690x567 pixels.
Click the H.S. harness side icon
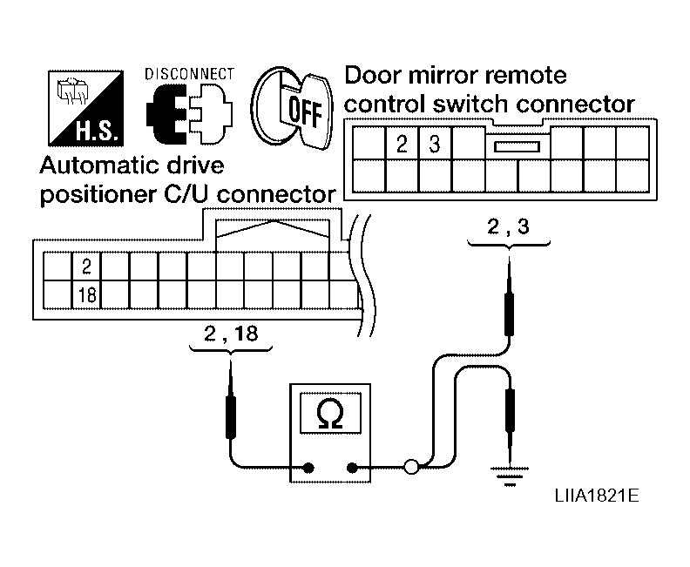coord(85,108)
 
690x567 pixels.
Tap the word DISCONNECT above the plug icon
coord(190,74)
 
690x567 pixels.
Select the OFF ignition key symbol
coord(292,108)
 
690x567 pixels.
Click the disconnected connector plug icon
coord(189,114)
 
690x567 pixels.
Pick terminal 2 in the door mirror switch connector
coord(402,144)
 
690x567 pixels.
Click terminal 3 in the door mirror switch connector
coord(435,144)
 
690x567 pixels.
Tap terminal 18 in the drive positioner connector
coord(87,294)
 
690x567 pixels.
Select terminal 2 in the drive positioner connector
coord(87,267)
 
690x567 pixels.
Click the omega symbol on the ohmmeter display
coord(329,414)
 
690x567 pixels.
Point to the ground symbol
coord(510,476)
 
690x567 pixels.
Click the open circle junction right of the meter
coord(411,467)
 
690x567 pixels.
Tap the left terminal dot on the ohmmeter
coord(309,468)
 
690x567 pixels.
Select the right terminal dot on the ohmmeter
coord(352,468)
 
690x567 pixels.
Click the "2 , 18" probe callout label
coord(231,334)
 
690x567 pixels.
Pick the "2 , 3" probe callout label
coord(508,227)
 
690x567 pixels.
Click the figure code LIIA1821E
coord(597,496)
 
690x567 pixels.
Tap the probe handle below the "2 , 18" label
coord(231,417)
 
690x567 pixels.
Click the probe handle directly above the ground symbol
coord(510,410)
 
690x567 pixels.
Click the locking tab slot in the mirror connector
coord(517,146)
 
